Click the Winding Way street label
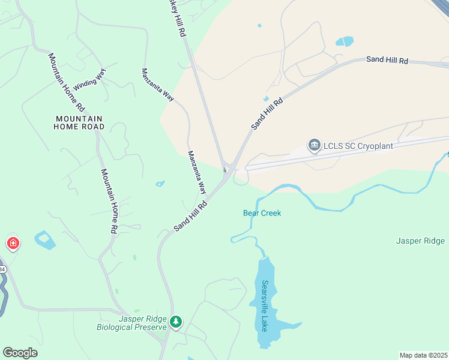point(89,80)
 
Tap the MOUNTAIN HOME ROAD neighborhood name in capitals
point(79,122)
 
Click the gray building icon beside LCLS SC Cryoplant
point(314,145)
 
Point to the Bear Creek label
point(262,213)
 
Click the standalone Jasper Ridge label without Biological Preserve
point(420,241)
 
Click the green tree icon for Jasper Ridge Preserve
point(175,322)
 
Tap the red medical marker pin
point(13,243)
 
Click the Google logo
point(20,353)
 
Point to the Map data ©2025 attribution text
point(423,355)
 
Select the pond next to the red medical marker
point(44,240)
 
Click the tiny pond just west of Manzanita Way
point(160,184)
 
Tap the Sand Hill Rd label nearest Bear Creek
point(190,216)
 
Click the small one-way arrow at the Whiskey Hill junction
point(224,169)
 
